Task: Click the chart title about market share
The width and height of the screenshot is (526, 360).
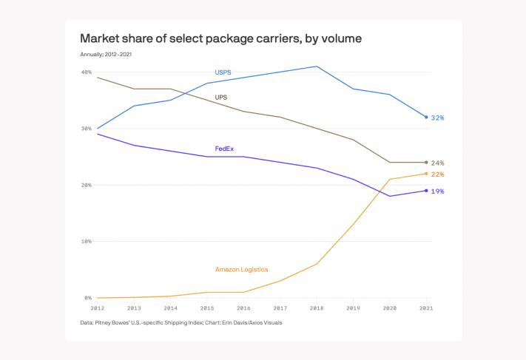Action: (x=220, y=38)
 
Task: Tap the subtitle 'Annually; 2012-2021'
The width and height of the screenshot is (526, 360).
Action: (x=106, y=54)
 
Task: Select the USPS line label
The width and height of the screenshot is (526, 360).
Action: (x=223, y=72)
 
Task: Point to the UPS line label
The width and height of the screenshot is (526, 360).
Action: (x=221, y=98)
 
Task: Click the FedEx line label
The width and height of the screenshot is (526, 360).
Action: (x=224, y=149)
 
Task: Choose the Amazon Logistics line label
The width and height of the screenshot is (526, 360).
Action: (x=241, y=269)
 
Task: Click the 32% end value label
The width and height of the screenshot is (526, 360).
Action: (x=437, y=118)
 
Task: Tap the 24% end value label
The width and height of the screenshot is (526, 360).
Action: (x=437, y=163)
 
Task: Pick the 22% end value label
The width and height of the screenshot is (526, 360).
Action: (x=437, y=174)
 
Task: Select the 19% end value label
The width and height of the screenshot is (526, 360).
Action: (x=437, y=191)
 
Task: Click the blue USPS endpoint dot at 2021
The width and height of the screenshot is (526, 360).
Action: (x=426, y=117)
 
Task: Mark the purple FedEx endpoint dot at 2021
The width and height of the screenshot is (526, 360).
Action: (x=426, y=191)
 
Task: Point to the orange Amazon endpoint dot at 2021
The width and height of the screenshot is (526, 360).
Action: (x=426, y=174)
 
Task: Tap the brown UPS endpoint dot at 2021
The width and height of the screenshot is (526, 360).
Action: (x=426, y=162)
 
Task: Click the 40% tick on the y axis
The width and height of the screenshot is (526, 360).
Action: (x=87, y=72)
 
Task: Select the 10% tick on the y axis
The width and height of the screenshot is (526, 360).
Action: (x=87, y=242)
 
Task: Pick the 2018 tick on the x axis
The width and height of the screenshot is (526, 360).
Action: (x=317, y=308)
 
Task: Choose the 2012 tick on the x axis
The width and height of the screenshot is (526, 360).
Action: (x=98, y=308)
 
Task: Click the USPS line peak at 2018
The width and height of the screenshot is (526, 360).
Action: (x=317, y=67)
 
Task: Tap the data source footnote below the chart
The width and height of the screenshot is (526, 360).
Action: (x=181, y=323)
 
